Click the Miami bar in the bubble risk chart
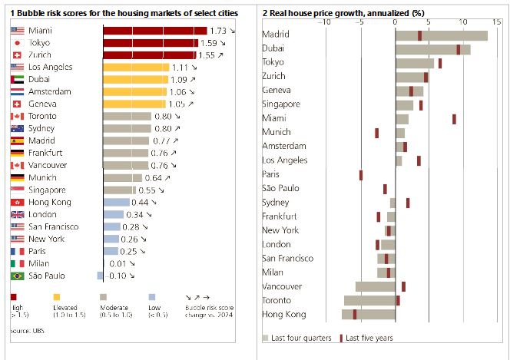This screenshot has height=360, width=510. click(154, 30)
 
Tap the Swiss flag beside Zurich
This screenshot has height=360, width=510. click(18, 55)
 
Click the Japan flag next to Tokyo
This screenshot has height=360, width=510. click(18, 43)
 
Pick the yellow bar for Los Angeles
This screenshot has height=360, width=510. click(135, 68)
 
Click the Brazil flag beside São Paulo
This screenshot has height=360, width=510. click(18, 276)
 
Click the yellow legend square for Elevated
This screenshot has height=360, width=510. click(56, 296)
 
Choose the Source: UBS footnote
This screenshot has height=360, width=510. click(26, 331)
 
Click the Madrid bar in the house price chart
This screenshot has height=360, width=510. click(441, 35)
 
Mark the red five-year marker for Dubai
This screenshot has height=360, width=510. click(459, 49)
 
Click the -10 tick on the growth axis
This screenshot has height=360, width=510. click(326, 21)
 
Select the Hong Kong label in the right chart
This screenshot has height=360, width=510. click(283, 315)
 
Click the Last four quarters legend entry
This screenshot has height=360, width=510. click(300, 338)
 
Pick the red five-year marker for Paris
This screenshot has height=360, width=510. click(361, 175)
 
